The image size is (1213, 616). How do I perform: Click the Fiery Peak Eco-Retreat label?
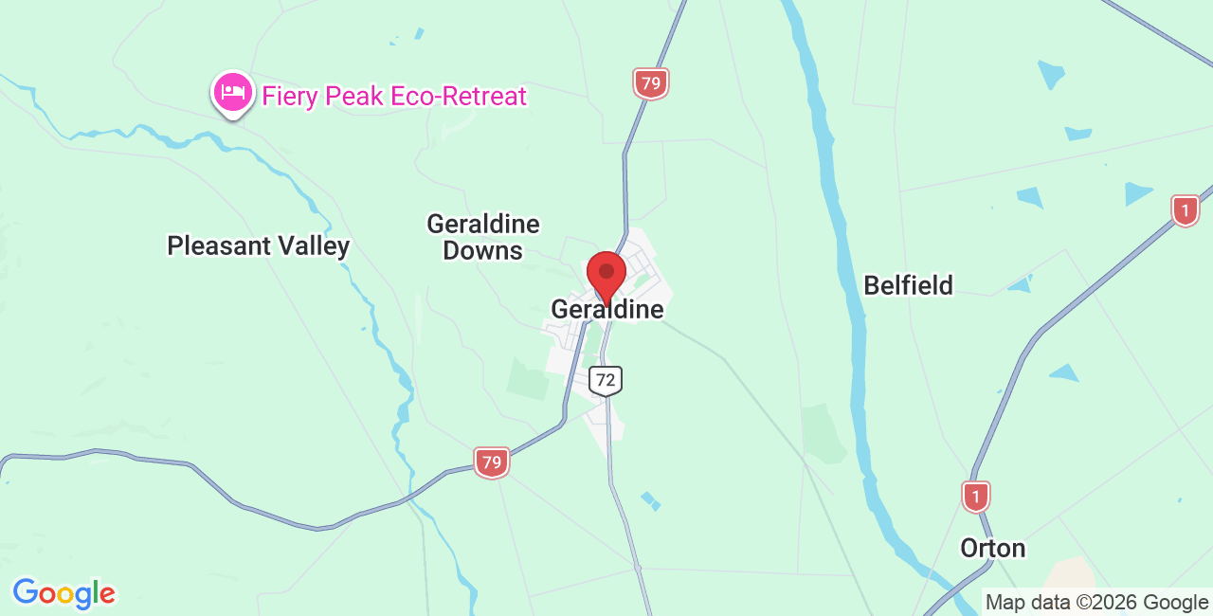tap(394, 96)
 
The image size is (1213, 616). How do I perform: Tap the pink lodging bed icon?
tap(232, 92)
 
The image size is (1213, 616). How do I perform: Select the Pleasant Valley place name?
tap(259, 246)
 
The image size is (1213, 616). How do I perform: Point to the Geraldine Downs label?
tap(483, 237)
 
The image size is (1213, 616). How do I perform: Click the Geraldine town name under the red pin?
tap(607, 310)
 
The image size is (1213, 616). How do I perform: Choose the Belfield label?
tap(909, 285)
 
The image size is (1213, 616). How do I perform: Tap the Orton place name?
tap(993, 549)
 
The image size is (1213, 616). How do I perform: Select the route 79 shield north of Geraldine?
tap(651, 83)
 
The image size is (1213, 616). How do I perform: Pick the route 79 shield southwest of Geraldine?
tap(492, 462)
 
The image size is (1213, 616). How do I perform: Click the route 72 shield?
tap(606, 381)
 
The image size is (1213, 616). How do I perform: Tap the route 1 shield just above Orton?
tap(976, 497)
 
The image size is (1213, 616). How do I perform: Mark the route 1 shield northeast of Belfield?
tap(1186, 210)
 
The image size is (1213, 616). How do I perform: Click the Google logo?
tap(64, 594)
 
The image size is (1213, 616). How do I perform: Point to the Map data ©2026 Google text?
tap(1096, 602)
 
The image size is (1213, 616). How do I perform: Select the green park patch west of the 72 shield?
tap(528, 379)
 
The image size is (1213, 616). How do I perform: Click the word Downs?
tap(483, 251)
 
